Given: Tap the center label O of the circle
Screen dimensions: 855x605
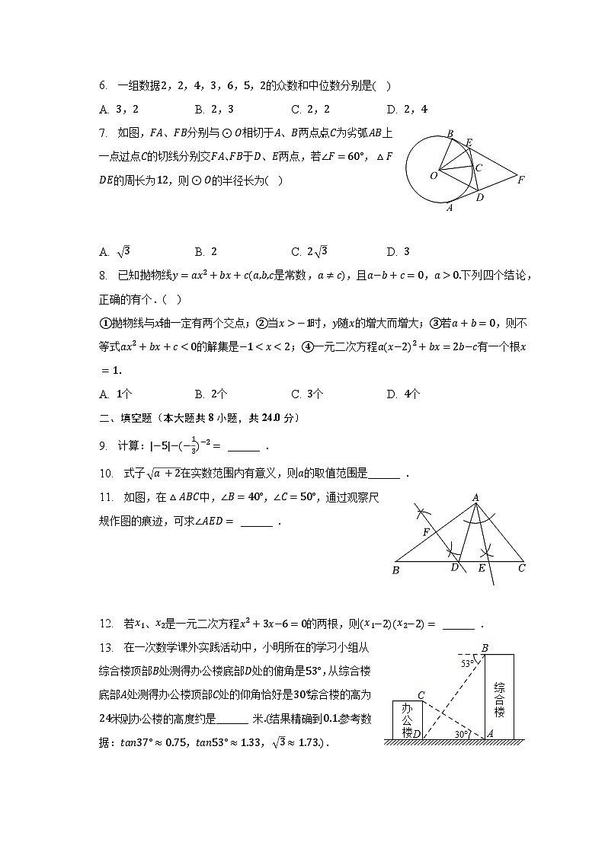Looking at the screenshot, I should click(x=434, y=175).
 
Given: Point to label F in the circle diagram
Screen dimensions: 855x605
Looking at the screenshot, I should click(x=521, y=180).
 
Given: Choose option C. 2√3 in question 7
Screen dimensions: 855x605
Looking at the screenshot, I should click(x=309, y=251).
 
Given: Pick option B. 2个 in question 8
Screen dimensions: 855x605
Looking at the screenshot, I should click(x=210, y=394).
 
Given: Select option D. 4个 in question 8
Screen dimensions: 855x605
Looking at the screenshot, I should click(x=403, y=394).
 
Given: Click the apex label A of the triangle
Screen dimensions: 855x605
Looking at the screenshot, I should click(x=475, y=498).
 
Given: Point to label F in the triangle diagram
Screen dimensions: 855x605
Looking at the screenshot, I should click(x=427, y=532).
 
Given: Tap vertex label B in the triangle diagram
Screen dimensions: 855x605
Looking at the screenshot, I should click(x=395, y=569).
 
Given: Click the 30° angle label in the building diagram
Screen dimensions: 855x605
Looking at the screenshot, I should click(x=460, y=733).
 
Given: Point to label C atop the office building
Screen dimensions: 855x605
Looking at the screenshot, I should click(x=421, y=694).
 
